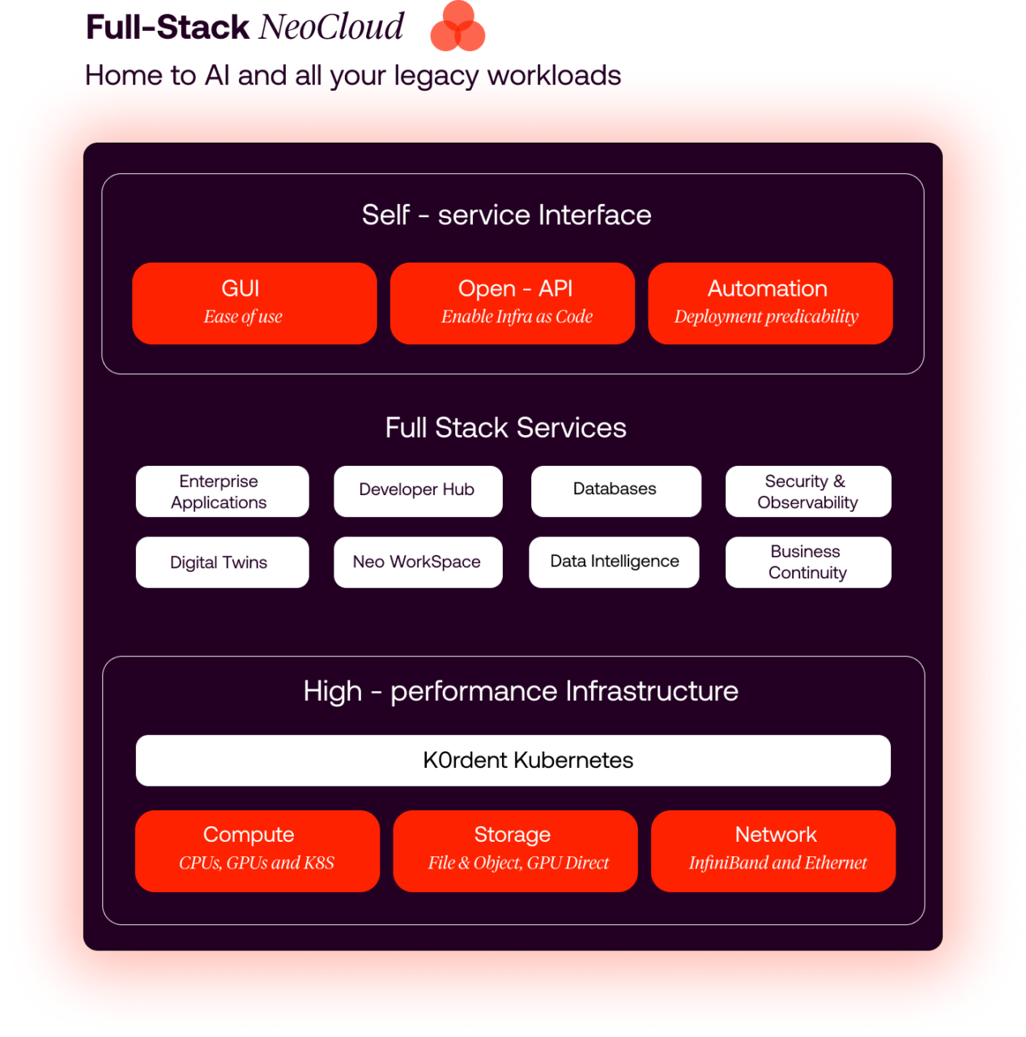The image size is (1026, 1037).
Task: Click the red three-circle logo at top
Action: coord(458,27)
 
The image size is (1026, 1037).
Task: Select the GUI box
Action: coord(254,303)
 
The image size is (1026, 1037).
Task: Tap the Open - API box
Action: coord(512,303)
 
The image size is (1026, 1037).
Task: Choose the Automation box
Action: coord(770,303)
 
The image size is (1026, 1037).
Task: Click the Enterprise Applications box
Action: coord(222,491)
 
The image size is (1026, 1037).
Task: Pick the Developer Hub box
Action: coord(418,491)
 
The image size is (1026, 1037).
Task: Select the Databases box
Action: coord(615,491)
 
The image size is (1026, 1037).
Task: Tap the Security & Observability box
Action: coord(807,491)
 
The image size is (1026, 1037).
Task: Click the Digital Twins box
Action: coord(222,562)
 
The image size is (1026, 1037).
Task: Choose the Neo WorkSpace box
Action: coord(418,562)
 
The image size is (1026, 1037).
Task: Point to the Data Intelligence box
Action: coord(614,562)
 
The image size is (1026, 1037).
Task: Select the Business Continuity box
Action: coord(807,562)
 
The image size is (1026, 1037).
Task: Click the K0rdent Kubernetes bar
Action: coord(513,760)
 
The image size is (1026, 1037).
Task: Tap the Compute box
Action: coord(258,851)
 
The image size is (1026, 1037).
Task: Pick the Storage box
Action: coord(515,851)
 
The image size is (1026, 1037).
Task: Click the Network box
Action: coord(773,851)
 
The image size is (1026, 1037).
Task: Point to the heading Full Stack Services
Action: coord(505,428)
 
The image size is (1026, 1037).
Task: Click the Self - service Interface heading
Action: coord(506,216)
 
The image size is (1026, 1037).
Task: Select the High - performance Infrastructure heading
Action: coord(521,691)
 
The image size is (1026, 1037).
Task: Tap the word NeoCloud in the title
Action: coord(331,28)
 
